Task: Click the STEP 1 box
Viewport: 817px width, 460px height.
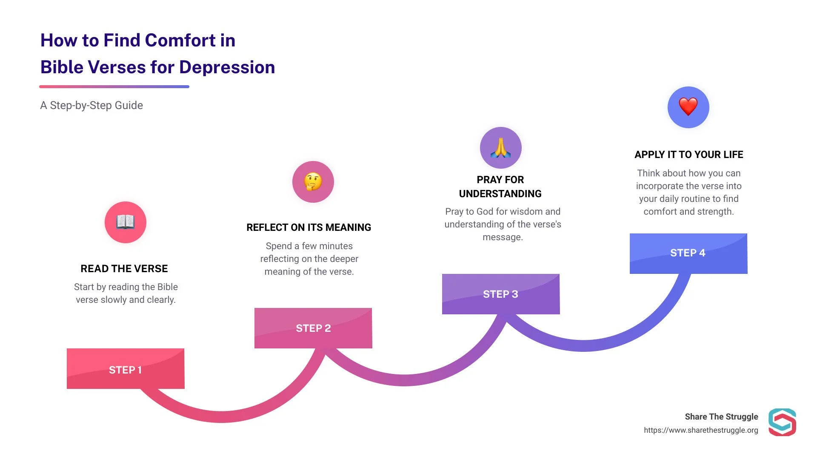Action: [x=126, y=369]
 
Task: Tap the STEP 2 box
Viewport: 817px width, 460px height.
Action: [x=313, y=328]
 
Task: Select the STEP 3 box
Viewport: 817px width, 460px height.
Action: [x=501, y=294]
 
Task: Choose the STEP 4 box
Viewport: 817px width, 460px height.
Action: [x=688, y=253]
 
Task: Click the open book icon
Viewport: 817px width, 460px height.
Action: [x=126, y=222]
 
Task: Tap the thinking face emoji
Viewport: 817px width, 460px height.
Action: [x=313, y=181]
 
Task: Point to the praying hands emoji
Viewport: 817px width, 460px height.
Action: [x=501, y=148]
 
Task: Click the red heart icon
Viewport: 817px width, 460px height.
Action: [x=688, y=107]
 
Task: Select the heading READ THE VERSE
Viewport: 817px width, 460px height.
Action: [x=124, y=269]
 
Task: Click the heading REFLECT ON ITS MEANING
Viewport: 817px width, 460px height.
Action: [x=309, y=227]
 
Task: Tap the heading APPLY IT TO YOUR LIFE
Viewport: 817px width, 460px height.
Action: [x=689, y=155]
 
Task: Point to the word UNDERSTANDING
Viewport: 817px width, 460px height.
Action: [x=500, y=194]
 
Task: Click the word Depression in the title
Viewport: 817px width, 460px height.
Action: [x=227, y=67]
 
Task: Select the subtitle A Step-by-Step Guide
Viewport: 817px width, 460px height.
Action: [x=91, y=105]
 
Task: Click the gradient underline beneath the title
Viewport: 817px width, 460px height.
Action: [x=114, y=86]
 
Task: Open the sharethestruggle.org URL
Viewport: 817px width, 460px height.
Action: [x=701, y=430]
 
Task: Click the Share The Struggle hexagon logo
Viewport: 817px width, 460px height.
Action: [x=782, y=422]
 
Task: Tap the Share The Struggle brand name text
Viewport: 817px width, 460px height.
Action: [x=721, y=417]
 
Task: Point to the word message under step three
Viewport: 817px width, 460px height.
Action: [x=502, y=237]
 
